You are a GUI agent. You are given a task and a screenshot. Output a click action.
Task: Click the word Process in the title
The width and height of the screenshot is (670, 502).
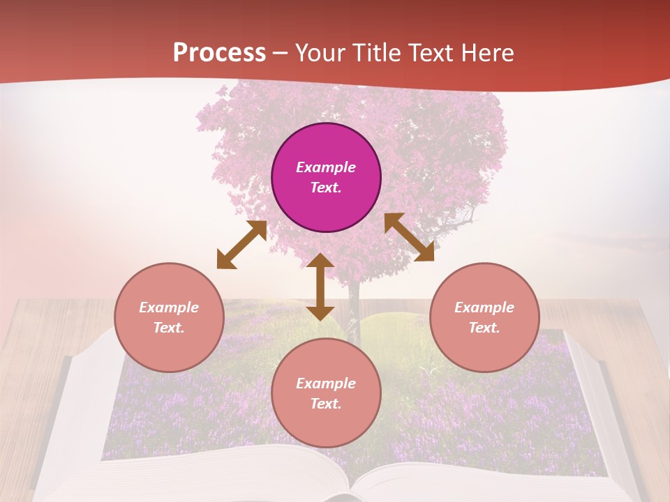219,53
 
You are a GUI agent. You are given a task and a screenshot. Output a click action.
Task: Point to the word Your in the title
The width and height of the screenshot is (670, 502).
320,53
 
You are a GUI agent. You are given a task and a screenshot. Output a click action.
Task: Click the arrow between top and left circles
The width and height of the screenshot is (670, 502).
241,245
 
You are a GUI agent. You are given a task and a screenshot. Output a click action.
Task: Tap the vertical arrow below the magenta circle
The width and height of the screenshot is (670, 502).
320,287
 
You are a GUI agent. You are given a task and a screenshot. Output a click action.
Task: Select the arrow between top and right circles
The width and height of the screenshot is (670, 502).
409,237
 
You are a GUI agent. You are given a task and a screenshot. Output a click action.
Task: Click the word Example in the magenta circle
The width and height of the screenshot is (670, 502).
326,167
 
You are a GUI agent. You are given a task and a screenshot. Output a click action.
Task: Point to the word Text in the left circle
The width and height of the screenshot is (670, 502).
169,328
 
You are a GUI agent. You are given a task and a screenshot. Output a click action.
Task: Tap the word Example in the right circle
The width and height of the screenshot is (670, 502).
484,307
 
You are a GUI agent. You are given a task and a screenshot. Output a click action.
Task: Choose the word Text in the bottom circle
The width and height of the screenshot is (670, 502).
326,404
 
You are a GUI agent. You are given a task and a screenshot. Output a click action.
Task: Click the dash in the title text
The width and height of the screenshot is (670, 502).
281,53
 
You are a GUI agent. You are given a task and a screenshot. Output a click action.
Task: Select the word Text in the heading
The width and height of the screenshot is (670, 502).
431,53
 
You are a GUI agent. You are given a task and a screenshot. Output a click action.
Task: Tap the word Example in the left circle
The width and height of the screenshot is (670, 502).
169,307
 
